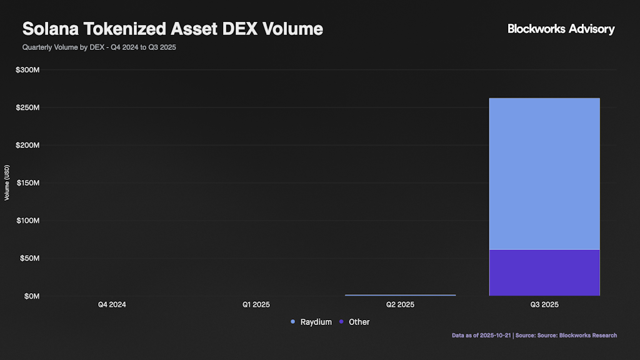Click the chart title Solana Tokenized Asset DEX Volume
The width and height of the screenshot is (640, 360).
pyautogui.click(x=172, y=29)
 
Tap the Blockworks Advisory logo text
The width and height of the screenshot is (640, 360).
pyautogui.click(x=561, y=29)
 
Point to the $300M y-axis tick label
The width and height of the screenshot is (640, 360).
pyautogui.click(x=28, y=70)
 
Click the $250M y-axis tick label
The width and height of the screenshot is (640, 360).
pyautogui.click(x=28, y=107)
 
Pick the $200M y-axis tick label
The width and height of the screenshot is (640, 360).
pyautogui.click(x=28, y=145)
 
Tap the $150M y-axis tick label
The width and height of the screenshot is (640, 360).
pyautogui.click(x=28, y=183)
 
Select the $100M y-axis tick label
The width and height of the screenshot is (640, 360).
pyautogui.click(x=28, y=221)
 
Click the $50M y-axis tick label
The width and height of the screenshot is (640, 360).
pyautogui.click(x=29, y=258)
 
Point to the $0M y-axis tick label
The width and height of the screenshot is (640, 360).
pyautogui.click(x=32, y=296)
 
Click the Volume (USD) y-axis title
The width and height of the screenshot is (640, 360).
pyautogui.click(x=7, y=183)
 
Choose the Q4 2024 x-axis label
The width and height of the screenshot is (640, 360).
pyautogui.click(x=112, y=305)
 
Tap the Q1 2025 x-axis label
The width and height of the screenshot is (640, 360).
pyautogui.click(x=256, y=305)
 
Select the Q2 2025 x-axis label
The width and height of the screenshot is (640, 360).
pyautogui.click(x=400, y=305)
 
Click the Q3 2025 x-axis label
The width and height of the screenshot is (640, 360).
pyautogui.click(x=544, y=305)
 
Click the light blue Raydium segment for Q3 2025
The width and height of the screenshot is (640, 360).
pyautogui.click(x=544, y=174)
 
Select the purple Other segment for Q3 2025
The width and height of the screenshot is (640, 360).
pyautogui.click(x=544, y=272)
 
